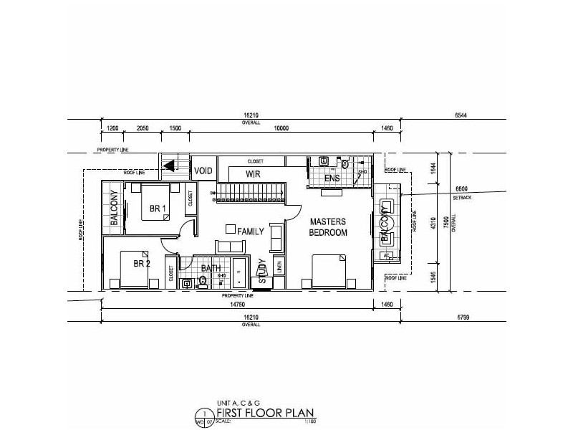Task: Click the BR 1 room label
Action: [x=158, y=209]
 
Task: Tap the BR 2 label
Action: [x=141, y=264]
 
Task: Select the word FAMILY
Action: [x=251, y=231]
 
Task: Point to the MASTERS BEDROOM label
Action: [x=328, y=227]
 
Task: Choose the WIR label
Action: [x=252, y=174]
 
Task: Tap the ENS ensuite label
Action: [x=331, y=178]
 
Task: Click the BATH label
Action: [x=211, y=269]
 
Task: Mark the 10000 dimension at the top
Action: [x=281, y=128]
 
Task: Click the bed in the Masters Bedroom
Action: [x=329, y=271]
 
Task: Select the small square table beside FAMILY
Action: [x=231, y=229]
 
